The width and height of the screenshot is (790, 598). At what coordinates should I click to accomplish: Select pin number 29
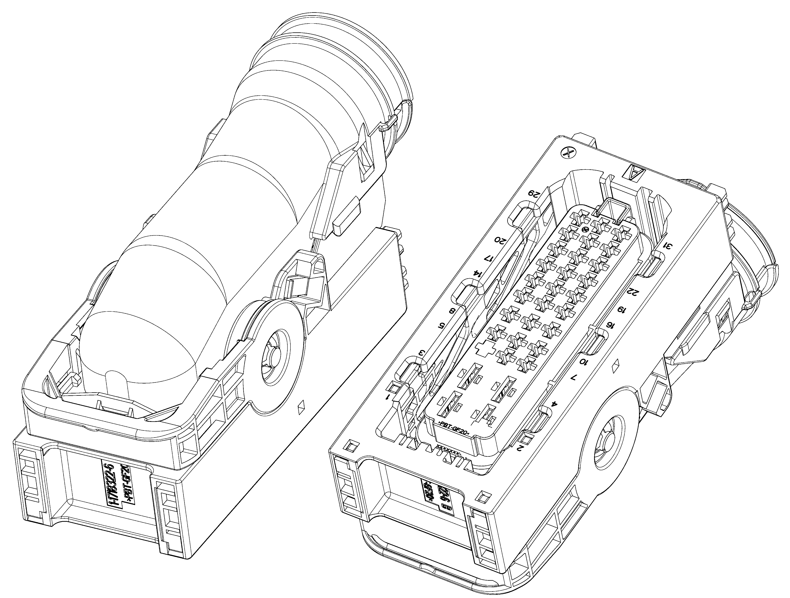click(x=534, y=195)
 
